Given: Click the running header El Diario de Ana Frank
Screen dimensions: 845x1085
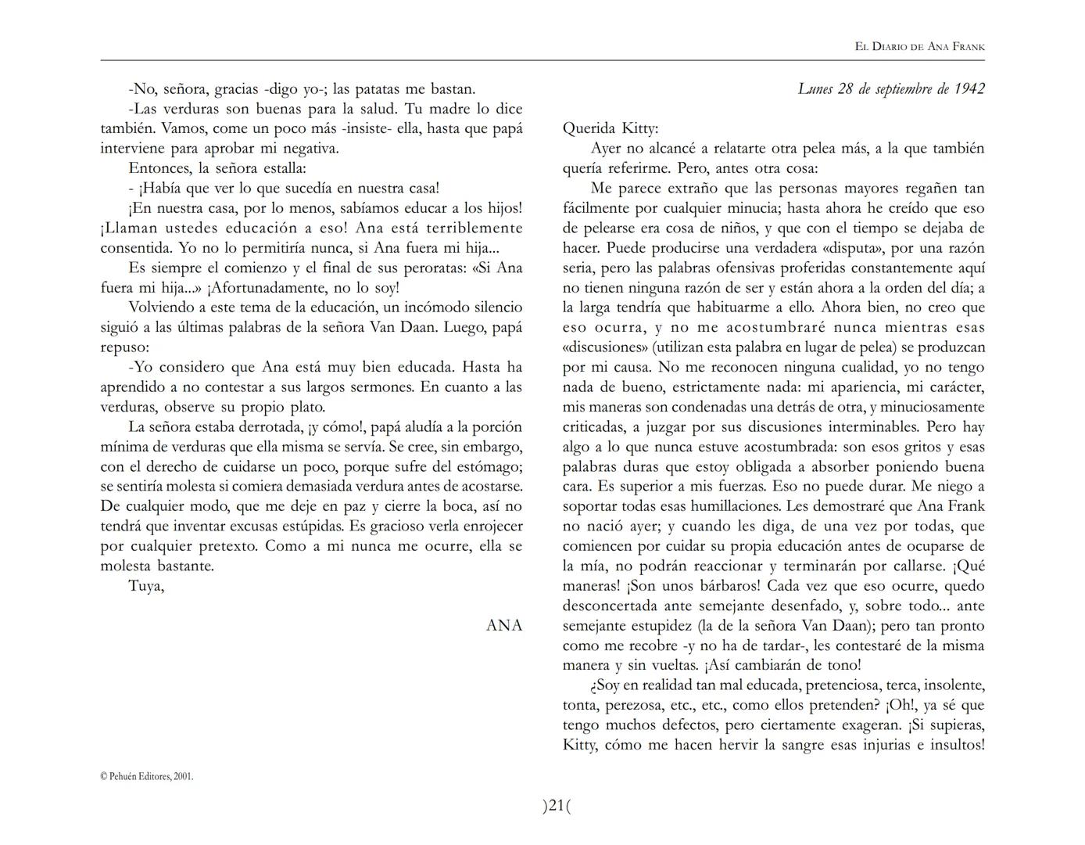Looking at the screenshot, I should tap(919, 47).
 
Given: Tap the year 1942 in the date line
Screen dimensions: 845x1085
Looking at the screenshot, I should tap(969, 88).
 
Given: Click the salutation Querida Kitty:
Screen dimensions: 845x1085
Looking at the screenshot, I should tap(611, 128).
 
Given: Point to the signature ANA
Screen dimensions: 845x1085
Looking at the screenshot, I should tap(504, 625).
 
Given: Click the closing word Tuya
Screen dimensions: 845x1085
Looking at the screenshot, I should tap(146, 586).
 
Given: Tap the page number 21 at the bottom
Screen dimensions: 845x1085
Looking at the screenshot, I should tap(557, 805).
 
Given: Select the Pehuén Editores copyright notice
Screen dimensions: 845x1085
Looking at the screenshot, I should tap(147, 776).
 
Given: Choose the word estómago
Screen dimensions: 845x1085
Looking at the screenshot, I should tap(489, 467).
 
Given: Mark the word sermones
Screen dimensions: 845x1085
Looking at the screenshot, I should tap(382, 387).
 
